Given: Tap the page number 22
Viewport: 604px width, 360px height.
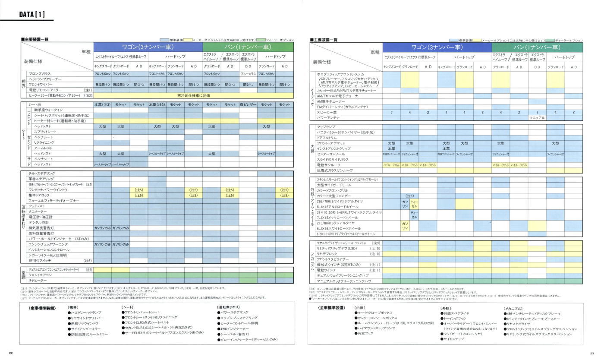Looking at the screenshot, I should click(x=11, y=354).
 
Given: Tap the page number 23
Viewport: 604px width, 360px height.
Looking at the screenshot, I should click(x=592, y=354).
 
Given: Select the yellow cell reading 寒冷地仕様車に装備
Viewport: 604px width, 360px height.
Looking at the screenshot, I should click(x=193, y=95).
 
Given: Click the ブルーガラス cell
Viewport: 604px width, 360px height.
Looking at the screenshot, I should click(x=248, y=74).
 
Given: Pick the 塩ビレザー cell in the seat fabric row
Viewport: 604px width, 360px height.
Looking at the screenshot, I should click(x=248, y=105).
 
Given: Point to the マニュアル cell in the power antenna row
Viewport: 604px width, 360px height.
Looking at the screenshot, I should click(x=537, y=117).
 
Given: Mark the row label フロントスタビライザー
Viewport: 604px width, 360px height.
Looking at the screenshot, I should click(x=333, y=259).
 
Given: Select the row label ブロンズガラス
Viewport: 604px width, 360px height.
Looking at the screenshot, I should click(x=39, y=74).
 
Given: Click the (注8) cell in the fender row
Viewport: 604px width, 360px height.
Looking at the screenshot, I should click(x=409, y=196).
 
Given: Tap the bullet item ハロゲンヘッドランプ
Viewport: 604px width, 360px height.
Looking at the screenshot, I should click(x=86, y=312).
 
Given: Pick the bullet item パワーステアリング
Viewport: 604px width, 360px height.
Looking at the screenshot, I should click(x=235, y=312).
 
